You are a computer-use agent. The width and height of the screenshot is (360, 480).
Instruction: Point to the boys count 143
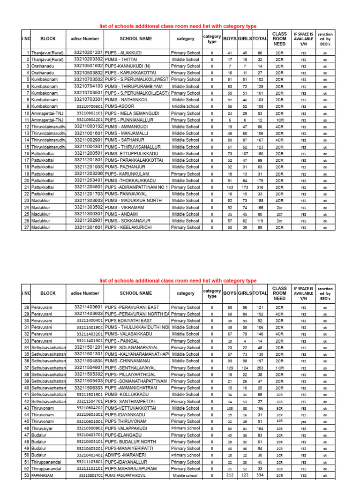[230, 187]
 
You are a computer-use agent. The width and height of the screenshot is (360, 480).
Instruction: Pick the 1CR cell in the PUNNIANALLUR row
[279, 120]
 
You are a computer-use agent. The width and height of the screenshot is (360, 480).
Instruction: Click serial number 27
[27, 228]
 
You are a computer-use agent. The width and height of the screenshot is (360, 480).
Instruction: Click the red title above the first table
[178, 26]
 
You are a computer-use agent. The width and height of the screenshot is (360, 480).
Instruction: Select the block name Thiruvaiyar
[44, 428]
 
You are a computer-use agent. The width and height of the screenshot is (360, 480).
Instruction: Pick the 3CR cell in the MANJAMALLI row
[279, 134]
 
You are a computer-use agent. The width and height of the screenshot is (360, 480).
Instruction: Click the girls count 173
[245, 187]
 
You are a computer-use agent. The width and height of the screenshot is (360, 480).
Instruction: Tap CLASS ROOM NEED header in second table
[279, 293]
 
